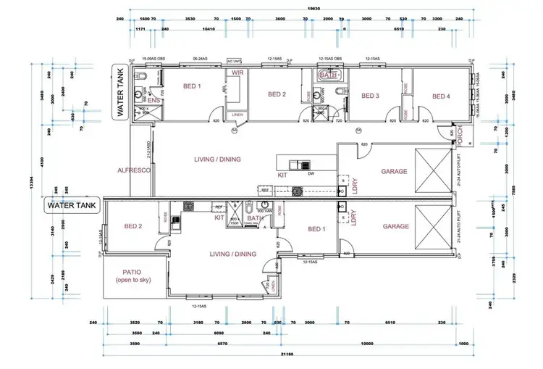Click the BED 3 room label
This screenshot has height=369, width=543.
(x=370, y=95)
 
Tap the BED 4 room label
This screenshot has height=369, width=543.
(x=442, y=95)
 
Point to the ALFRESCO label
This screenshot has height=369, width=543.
(x=133, y=170)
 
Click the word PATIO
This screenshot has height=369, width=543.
(x=131, y=273)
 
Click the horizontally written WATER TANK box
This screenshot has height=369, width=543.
(x=71, y=205)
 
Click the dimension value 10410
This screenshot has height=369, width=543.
(x=211, y=29)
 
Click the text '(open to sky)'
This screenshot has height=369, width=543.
(x=131, y=281)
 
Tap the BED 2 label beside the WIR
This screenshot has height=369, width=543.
(x=278, y=94)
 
